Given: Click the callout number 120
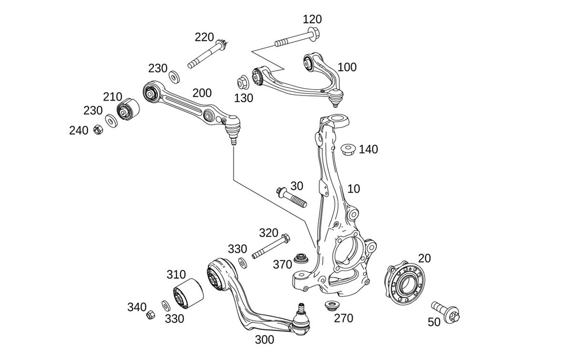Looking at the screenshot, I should click(312, 19).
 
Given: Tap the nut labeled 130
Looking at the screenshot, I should click(243, 80).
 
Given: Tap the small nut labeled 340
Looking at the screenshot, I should click(150, 315).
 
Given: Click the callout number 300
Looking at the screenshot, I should click(264, 339).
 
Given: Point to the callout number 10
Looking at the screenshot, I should click(354, 188).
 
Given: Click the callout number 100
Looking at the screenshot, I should click(347, 67).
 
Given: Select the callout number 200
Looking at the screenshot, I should click(202, 93).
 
